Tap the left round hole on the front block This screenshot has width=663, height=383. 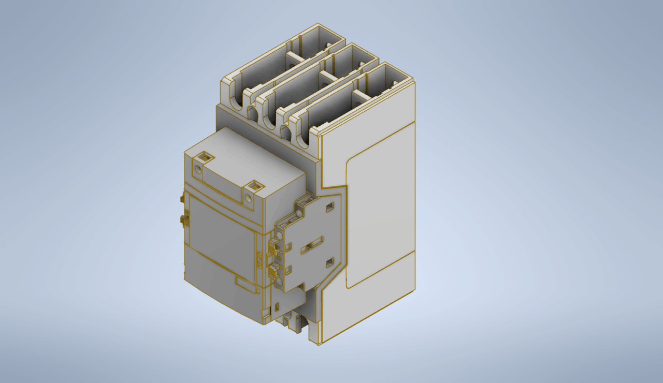[x=197, y=169]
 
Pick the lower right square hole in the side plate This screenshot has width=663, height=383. [x=329, y=263]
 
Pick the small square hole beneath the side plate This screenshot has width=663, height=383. [x=278, y=307]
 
